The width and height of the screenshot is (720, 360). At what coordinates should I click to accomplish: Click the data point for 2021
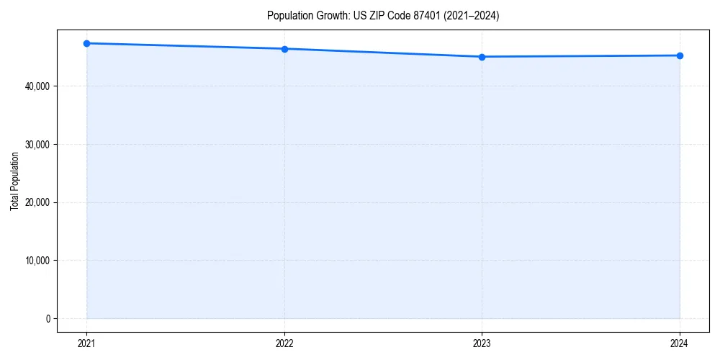tap(86, 43)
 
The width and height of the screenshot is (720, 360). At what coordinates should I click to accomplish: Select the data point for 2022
tap(284, 49)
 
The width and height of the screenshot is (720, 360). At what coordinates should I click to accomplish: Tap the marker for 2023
tap(482, 57)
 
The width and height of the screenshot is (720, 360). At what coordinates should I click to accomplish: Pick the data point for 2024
tap(680, 55)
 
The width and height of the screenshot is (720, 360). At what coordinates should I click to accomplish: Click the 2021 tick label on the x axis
tap(86, 343)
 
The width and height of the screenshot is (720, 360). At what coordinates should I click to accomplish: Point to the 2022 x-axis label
tap(284, 343)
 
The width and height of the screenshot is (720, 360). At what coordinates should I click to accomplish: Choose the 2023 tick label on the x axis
tap(482, 343)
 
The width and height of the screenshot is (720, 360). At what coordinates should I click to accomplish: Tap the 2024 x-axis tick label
tap(680, 343)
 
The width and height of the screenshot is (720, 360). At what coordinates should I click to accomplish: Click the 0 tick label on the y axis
tap(48, 319)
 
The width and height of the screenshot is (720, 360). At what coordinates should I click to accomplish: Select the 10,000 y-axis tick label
tap(36, 261)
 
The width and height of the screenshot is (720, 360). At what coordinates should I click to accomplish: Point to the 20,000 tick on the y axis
tap(36, 202)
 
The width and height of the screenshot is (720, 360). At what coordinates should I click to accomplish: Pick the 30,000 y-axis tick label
tap(36, 144)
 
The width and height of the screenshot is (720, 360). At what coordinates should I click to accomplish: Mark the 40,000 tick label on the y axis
tap(36, 86)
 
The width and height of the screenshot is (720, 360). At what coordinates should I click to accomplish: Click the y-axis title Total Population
tap(14, 181)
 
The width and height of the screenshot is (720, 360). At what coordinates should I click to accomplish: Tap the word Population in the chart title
tap(287, 16)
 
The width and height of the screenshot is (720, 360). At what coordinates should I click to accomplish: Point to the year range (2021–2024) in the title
tap(473, 16)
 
